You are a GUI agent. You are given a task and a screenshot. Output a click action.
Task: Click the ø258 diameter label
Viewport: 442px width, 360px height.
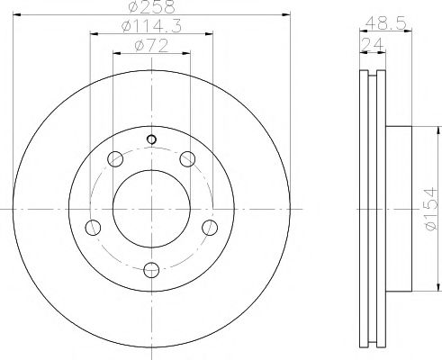click(x=150, y=7)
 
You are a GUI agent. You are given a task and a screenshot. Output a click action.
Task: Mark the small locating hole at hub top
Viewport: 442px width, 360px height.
click(x=151, y=139)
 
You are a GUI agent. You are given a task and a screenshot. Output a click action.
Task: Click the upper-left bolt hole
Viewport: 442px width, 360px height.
click(x=114, y=160)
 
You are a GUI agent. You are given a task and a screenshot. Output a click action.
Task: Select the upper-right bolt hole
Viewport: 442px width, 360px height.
click(x=187, y=160)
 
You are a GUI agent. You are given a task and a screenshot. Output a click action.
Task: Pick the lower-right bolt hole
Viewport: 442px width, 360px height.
click(x=210, y=226)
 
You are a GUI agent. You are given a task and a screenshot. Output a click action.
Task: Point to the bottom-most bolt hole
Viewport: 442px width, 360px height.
click(x=151, y=266)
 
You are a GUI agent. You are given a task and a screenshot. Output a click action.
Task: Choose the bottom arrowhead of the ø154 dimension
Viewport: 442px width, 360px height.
click(x=421, y=287)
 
